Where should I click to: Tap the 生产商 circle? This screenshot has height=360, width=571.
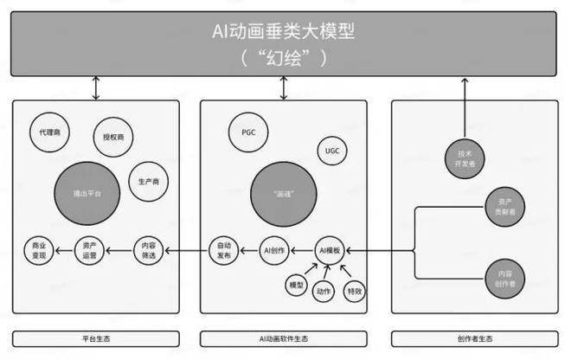tap(148, 182)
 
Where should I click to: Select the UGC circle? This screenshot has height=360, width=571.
tap(332, 151)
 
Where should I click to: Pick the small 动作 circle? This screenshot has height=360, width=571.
tap(324, 291)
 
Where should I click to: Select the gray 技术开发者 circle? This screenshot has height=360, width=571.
tap(467, 157)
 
